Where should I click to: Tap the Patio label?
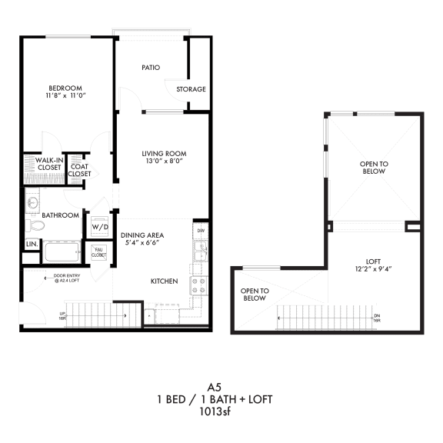[151, 68]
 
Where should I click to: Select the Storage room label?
[192, 89]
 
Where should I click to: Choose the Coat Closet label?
[79, 170]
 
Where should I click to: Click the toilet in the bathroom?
[34, 226]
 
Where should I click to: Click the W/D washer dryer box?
[100, 227]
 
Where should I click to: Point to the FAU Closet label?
[99, 251]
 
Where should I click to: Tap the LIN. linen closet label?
[32, 244]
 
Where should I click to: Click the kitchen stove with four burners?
[200, 286]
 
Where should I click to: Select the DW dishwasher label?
[200, 230]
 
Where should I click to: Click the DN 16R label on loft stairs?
[377, 318]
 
